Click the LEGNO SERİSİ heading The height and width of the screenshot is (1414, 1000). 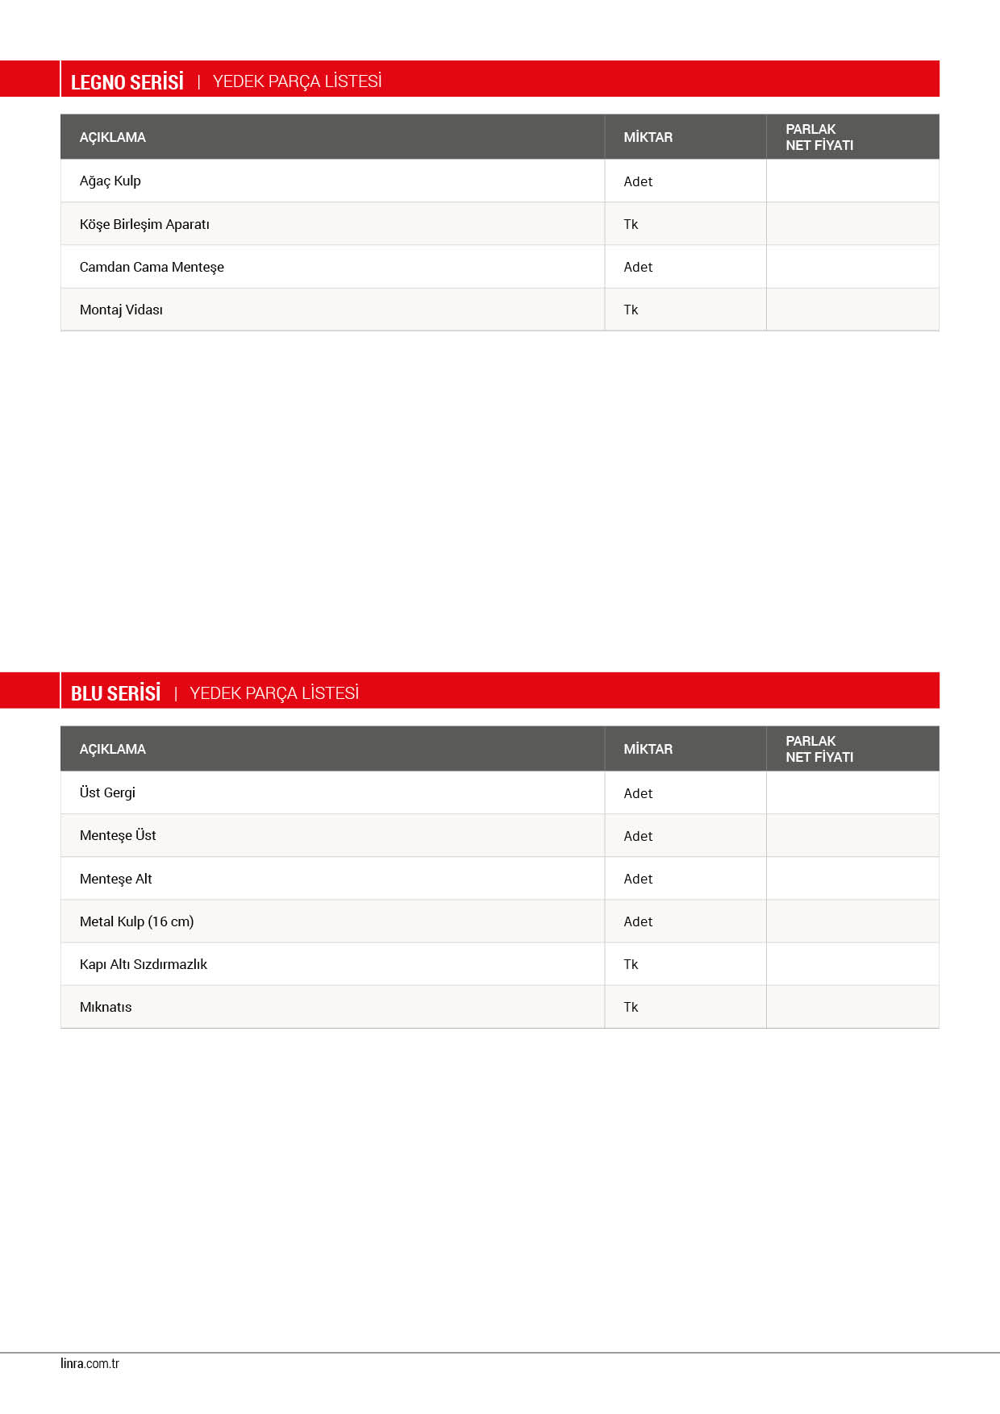(127, 82)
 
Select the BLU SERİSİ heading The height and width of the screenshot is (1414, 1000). (115, 693)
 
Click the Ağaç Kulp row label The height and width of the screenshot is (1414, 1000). (110, 181)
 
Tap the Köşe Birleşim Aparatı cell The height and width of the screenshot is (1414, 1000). (144, 224)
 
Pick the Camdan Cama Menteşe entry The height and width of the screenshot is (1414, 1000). (152, 267)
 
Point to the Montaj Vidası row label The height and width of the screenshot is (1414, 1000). (121, 310)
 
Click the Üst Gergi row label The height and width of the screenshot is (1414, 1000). (107, 792)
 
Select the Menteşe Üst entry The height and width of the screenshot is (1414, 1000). (118, 835)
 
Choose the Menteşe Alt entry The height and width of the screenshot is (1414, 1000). (115, 879)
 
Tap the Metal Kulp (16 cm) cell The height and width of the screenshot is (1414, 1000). (136, 921)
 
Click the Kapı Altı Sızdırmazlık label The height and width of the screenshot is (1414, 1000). (144, 964)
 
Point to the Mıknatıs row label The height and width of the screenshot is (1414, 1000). (106, 1007)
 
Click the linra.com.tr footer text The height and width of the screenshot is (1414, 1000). (90, 1363)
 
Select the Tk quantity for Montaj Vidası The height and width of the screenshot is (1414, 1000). (631, 310)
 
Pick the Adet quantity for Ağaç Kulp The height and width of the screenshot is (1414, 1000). (638, 181)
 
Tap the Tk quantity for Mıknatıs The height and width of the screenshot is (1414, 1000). (631, 1007)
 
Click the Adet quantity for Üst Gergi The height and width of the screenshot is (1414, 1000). (638, 793)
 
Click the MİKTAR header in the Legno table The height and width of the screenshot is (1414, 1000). (648, 137)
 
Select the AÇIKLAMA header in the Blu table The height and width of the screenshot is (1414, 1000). (113, 749)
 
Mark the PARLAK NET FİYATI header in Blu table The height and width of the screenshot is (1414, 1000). (819, 749)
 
